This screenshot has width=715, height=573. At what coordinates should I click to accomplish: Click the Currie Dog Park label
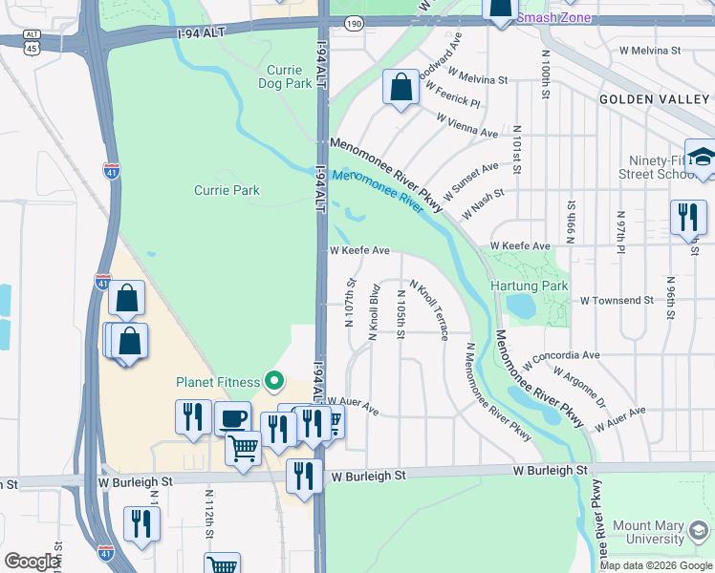[x=285, y=76]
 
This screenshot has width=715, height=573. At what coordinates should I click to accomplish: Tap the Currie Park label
[x=227, y=190]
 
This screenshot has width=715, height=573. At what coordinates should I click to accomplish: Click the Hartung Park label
[x=529, y=286]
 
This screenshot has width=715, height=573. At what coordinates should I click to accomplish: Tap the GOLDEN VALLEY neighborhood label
[x=655, y=99]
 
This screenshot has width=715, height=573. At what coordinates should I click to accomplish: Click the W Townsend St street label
[x=612, y=300]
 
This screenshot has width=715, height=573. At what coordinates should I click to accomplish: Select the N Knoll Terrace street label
[x=429, y=310]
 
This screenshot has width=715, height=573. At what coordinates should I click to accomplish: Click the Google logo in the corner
[x=31, y=562]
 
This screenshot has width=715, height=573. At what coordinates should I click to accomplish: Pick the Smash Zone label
[x=553, y=18]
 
